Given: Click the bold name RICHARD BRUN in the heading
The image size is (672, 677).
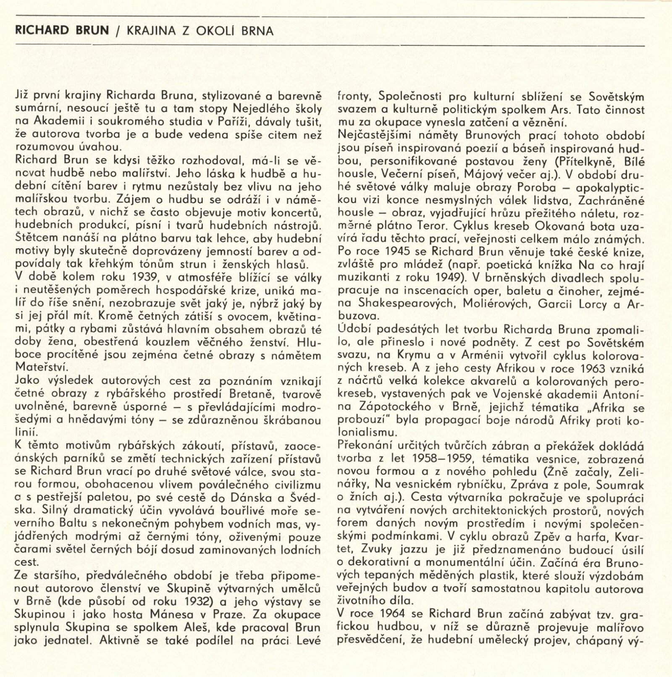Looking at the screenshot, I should tap(61, 31).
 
